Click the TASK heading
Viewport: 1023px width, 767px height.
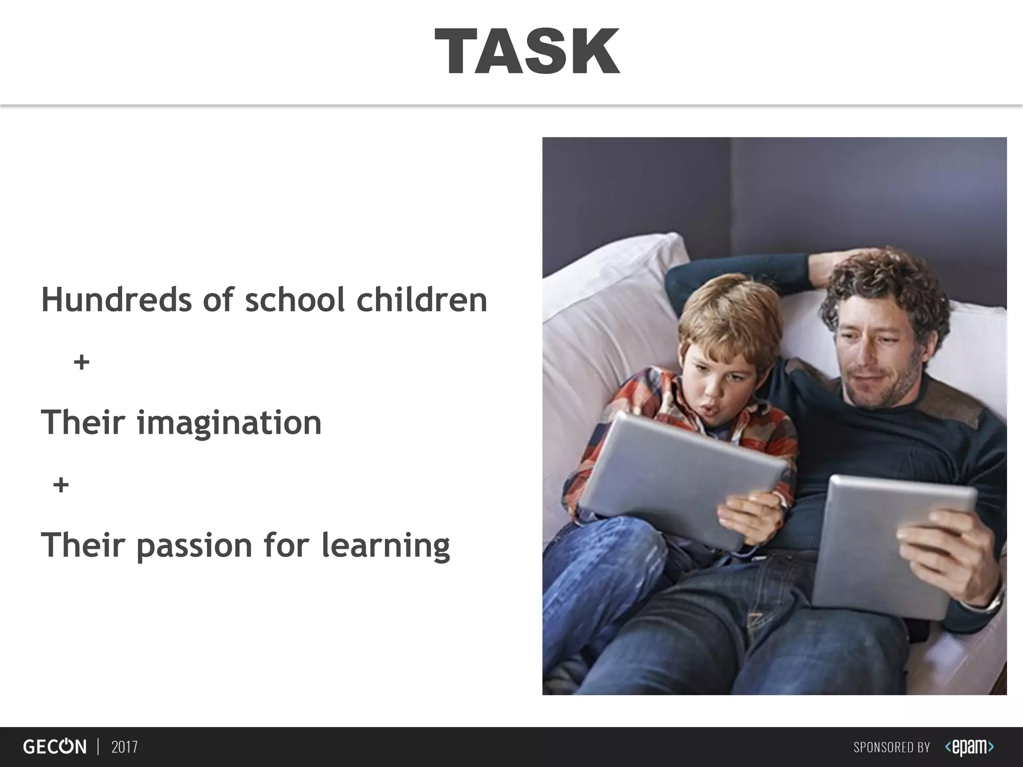point(527,51)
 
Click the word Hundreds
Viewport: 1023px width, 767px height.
point(116,300)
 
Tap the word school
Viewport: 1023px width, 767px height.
point(295,300)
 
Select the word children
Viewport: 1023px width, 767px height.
point(422,300)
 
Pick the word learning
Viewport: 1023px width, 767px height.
point(385,546)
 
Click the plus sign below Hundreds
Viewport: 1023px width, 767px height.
point(81,362)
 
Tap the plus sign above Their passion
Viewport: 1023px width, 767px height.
point(61,485)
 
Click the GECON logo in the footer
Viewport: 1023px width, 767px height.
point(54,747)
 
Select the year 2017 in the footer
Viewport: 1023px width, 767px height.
point(124,747)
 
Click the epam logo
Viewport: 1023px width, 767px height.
point(969,747)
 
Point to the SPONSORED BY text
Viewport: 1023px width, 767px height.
point(892,748)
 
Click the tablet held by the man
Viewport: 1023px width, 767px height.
point(884,544)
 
